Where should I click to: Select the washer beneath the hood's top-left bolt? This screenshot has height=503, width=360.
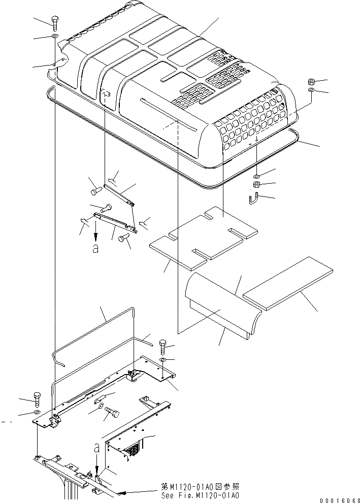[x=54, y=38]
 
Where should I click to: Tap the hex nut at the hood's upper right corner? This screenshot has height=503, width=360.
[x=311, y=82]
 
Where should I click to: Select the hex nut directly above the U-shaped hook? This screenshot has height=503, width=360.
[x=257, y=184]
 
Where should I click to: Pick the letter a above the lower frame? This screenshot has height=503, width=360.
[x=96, y=448]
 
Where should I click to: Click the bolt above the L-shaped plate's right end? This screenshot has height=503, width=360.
[x=162, y=347]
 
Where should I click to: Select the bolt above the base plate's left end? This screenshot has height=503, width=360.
[x=37, y=399]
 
